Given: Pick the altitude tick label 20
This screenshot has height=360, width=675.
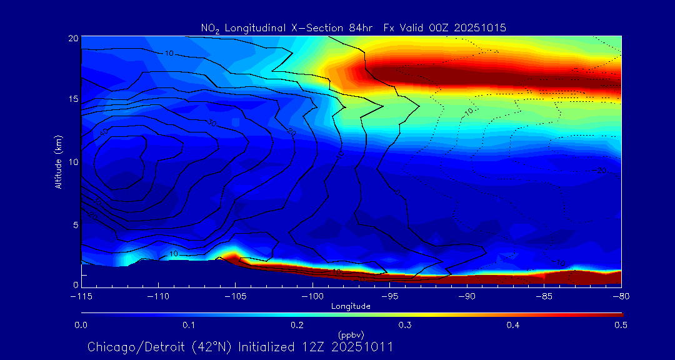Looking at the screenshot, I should pos(73,38).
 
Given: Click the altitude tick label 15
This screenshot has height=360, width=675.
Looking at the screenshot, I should pos(73,99).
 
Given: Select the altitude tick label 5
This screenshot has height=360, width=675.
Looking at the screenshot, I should pos(76,224).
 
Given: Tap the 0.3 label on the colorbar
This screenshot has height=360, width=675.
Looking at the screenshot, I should pos(406,325).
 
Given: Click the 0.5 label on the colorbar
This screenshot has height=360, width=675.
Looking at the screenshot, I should pos(622,325).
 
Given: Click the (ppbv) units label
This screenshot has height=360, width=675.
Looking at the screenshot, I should pos(351,335).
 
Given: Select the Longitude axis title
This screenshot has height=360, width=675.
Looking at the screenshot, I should pos(351,306).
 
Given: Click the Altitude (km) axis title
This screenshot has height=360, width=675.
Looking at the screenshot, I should pos(59,161).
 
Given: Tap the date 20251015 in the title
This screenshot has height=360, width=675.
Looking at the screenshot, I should pos(481,27).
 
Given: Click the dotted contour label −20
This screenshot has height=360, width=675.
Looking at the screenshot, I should pos(601,171).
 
